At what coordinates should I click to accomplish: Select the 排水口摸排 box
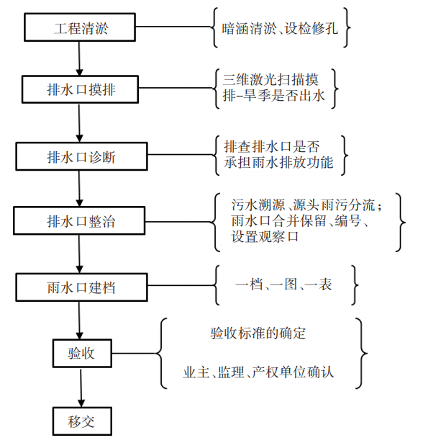point(80,89)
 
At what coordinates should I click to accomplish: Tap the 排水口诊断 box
point(80,156)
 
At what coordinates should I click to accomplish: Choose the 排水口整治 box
point(80,220)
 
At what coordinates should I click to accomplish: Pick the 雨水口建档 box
point(80,287)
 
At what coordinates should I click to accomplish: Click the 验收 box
point(81,354)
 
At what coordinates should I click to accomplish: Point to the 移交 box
point(81,419)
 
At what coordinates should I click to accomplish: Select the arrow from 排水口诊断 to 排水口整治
point(79,188)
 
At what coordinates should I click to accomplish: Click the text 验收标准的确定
point(258,333)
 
